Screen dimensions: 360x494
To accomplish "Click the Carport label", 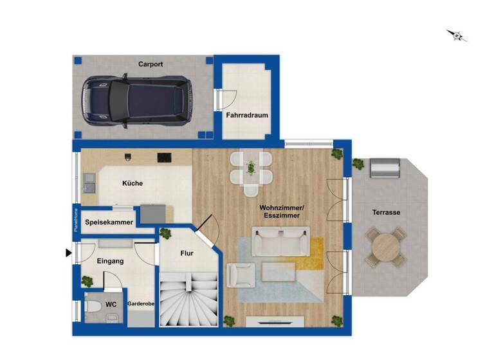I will [150, 64].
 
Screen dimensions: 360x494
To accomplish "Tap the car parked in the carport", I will [136, 102].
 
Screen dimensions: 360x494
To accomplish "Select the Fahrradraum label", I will [246, 116].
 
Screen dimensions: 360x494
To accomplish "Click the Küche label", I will [133, 183].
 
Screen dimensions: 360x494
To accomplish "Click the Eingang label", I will [110, 261].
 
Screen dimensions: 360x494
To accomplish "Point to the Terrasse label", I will [387, 212].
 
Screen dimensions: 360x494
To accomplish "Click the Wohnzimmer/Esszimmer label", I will [282, 212].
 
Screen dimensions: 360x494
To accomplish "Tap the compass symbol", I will [457, 35].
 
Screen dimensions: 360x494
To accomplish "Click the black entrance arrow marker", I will [69, 253].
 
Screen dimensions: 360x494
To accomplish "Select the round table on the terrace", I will [386, 246].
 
